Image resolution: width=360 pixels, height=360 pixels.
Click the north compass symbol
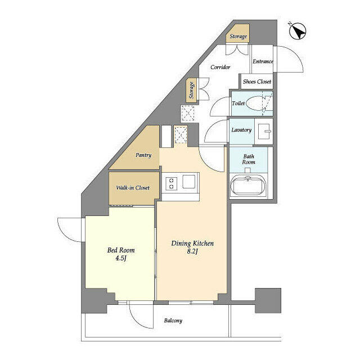[298, 31]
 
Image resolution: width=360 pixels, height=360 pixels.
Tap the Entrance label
[263, 61]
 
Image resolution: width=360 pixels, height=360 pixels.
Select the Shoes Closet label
[257, 82]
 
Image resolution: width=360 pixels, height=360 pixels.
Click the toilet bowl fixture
[255, 103]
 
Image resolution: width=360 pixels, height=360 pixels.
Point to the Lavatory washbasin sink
[264, 132]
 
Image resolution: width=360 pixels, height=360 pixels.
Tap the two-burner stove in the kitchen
[171, 183]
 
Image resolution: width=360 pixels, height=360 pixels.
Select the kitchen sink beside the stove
[189, 182]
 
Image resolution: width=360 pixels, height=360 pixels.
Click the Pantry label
[143, 155]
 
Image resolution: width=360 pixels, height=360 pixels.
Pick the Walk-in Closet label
[133, 187]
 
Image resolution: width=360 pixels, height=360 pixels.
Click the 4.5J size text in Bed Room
[121, 258]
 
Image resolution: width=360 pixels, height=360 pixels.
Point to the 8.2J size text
[192, 251]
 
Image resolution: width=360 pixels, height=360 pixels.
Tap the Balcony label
[173, 321]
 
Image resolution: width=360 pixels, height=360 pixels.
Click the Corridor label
[220, 67]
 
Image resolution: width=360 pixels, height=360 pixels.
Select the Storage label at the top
[238, 36]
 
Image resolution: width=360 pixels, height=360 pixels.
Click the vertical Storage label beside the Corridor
[191, 90]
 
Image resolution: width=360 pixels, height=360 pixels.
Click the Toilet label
[238, 103]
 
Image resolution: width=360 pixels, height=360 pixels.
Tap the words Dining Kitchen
[192, 244]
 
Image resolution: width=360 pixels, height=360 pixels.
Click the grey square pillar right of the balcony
[268, 300]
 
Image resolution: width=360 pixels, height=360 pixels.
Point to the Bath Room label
[249, 159]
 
